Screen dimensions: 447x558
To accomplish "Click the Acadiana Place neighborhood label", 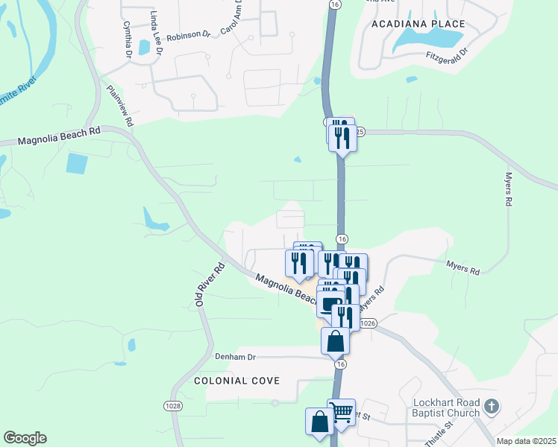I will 418,24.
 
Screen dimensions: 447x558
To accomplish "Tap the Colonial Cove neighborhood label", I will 236,381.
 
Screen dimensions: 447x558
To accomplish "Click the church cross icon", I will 491,406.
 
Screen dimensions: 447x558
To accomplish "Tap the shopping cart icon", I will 341,410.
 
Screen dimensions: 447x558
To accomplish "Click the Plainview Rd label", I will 119,105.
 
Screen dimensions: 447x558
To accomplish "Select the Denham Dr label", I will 235,358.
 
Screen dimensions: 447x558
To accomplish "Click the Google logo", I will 25,438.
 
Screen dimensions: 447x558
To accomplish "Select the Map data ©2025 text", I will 526,441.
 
